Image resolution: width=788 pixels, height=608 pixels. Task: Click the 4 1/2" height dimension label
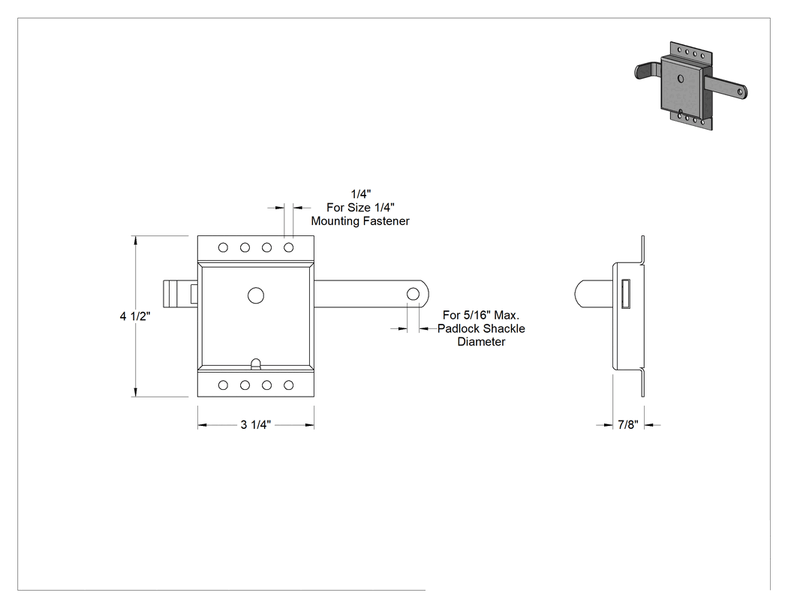click(135, 316)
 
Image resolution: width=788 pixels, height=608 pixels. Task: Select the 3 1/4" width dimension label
click(256, 425)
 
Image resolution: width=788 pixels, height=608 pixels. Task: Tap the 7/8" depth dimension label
click(628, 425)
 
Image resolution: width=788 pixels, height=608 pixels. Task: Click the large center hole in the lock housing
click(256, 295)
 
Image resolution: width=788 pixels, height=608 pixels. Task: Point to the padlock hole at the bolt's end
click(413, 294)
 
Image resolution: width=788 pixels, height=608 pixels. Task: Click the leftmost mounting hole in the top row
click(223, 247)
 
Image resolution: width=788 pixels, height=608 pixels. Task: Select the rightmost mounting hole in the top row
click(288, 247)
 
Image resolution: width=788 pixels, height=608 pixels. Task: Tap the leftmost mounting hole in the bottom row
click(223, 385)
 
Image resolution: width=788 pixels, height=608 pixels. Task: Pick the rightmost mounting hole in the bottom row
click(288, 385)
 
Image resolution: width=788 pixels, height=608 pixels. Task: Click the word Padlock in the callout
click(457, 328)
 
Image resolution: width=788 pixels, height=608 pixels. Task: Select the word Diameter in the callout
click(481, 342)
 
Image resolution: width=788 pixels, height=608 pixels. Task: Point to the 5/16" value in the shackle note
click(477, 315)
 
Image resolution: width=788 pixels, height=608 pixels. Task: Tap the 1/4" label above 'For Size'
click(361, 194)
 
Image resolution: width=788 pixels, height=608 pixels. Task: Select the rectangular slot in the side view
click(626, 293)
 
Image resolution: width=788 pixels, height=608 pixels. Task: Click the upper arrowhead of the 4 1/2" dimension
click(135, 241)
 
